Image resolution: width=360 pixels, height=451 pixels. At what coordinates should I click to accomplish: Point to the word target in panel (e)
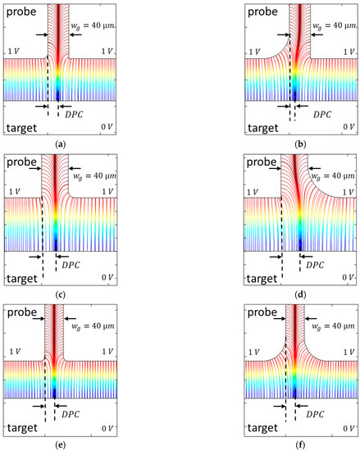click(x=22, y=428)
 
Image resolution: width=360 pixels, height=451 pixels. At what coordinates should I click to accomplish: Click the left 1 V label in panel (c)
click(x=11, y=202)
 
